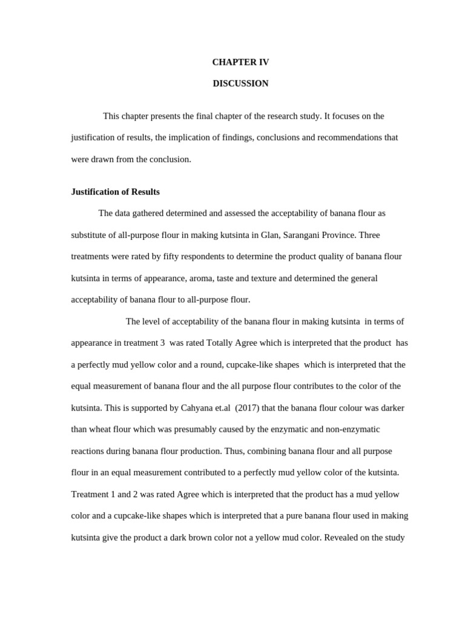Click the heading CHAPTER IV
[x=240, y=62]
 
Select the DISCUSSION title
[x=240, y=84]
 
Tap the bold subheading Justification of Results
[x=116, y=192]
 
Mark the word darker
[x=392, y=408]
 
